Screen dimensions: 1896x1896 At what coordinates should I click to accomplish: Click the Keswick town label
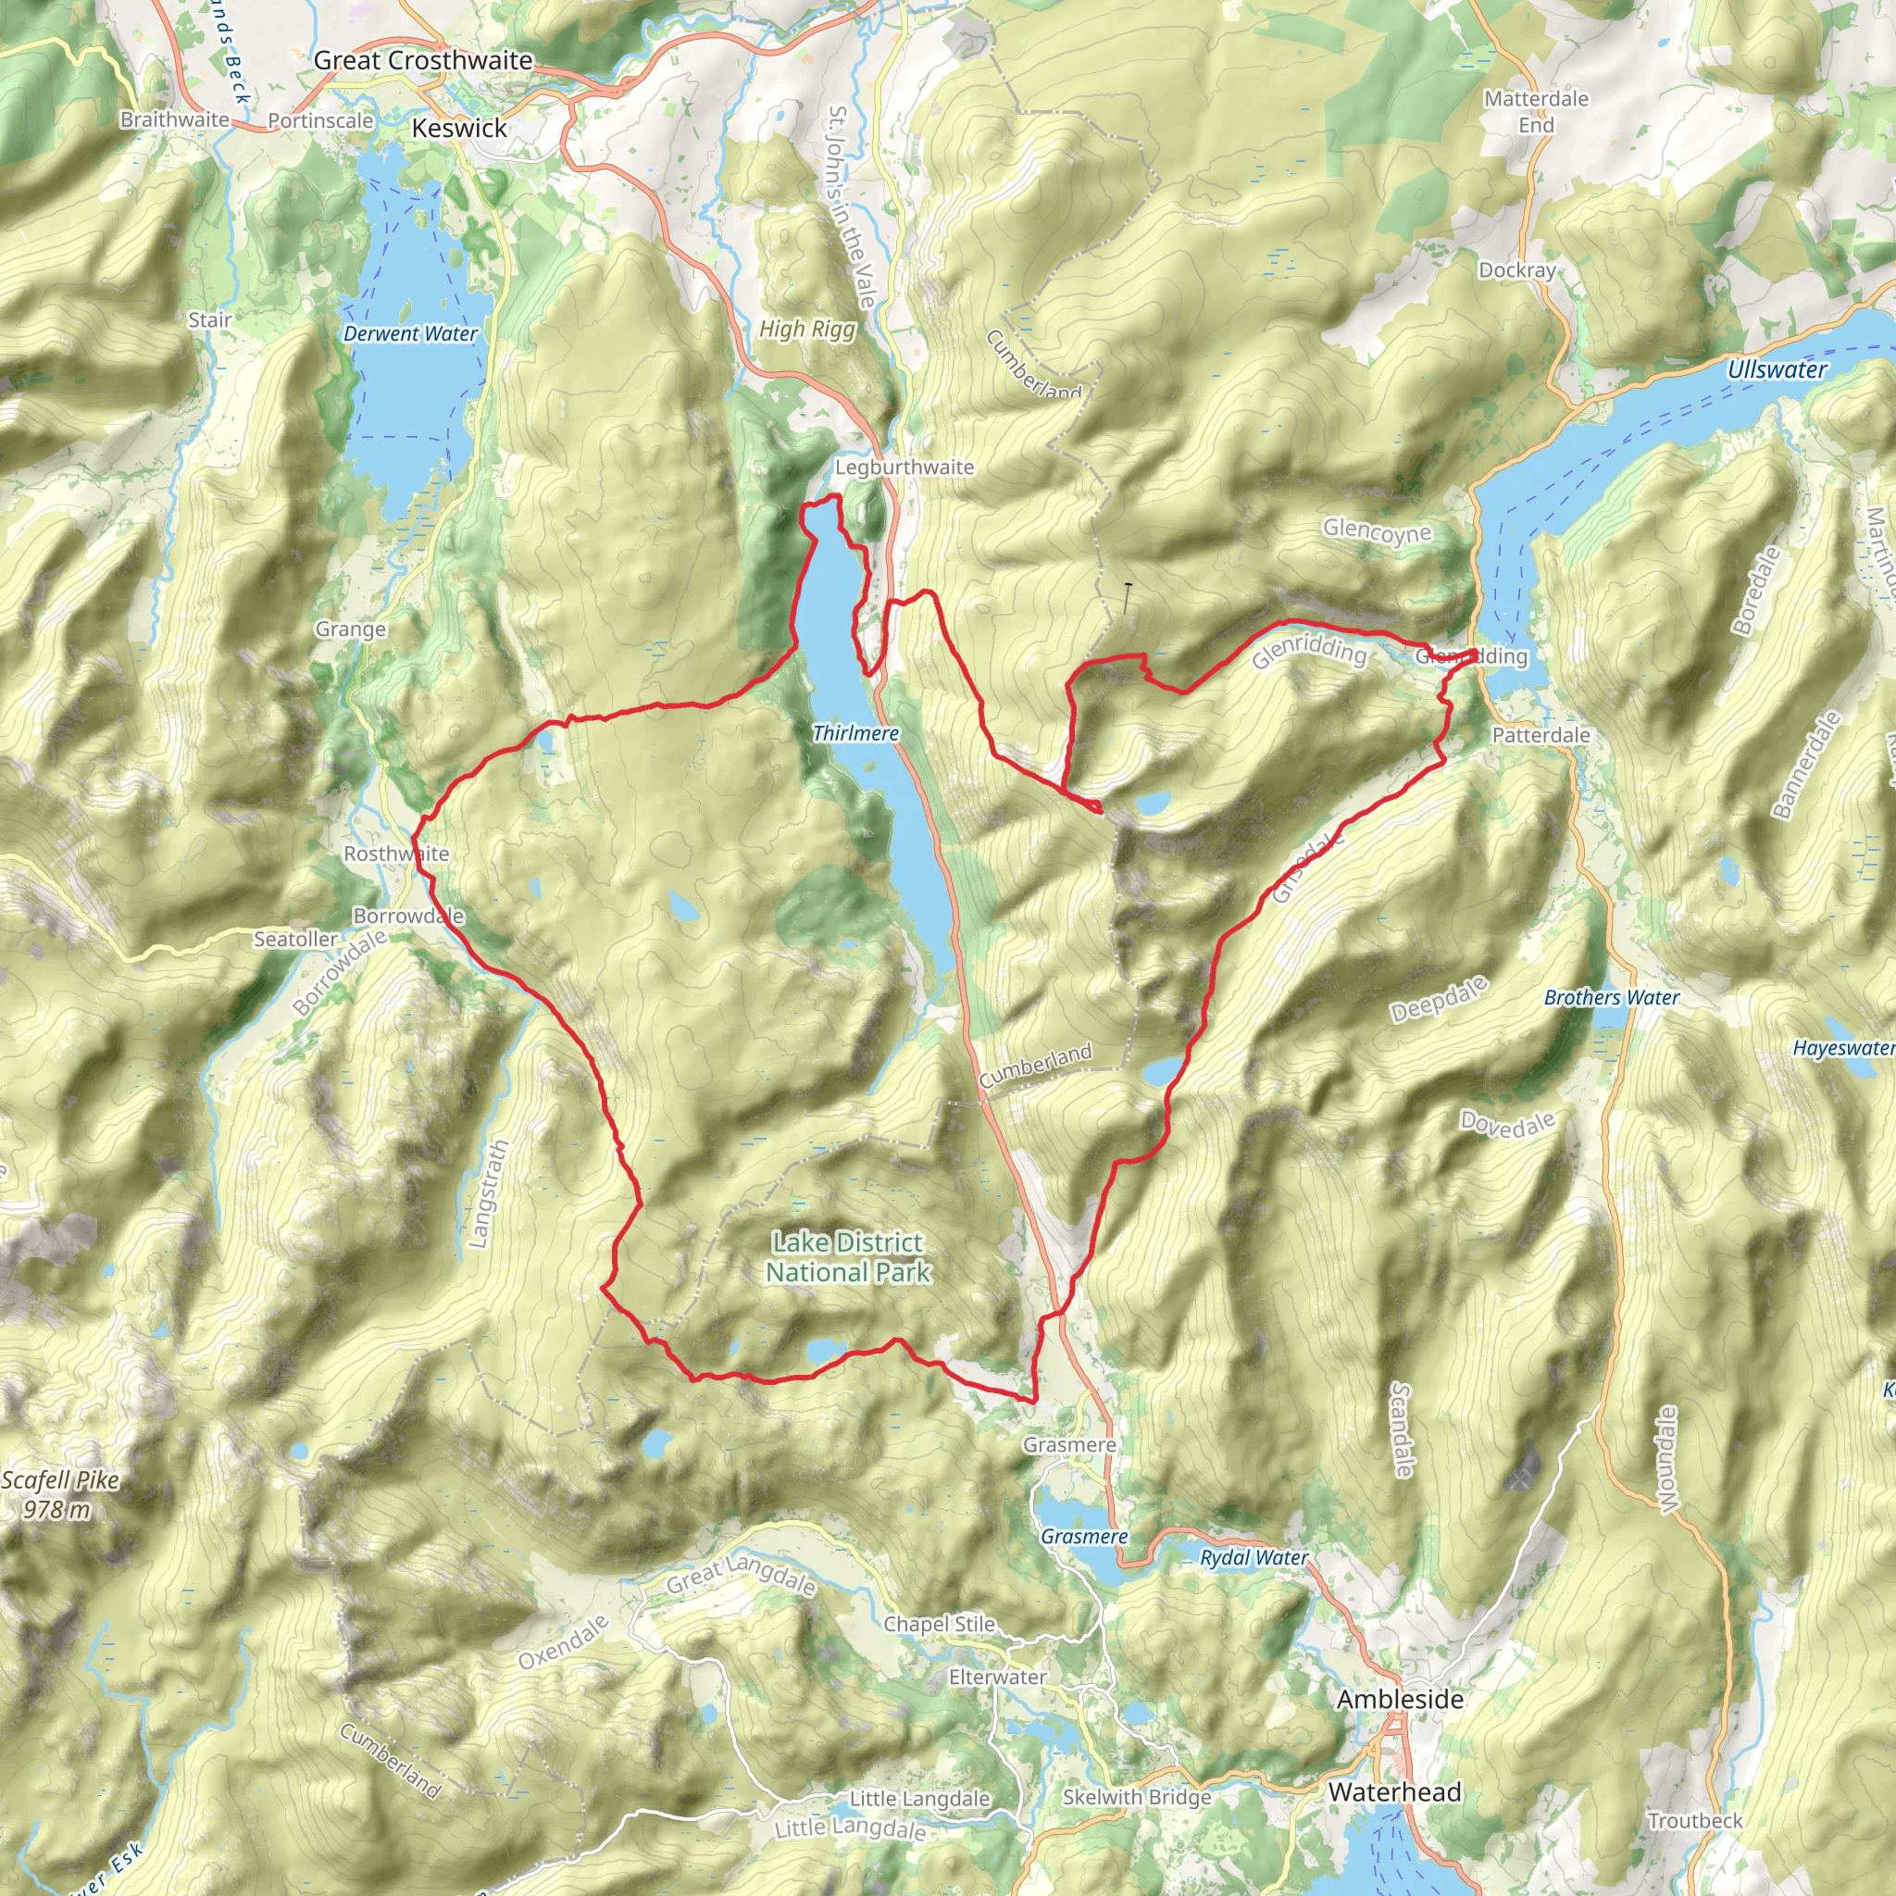click(x=459, y=129)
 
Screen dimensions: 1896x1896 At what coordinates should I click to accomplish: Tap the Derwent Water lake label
click(x=410, y=333)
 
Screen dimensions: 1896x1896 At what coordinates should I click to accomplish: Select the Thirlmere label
click(x=855, y=733)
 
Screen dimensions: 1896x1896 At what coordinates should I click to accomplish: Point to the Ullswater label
click(x=1777, y=370)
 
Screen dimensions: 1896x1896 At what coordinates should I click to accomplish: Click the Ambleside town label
click(x=1400, y=1699)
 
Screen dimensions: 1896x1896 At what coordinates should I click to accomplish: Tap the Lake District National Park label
click(x=848, y=1257)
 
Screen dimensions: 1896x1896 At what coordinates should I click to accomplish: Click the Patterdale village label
click(x=1540, y=735)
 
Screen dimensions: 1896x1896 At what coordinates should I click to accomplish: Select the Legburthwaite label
click(x=904, y=468)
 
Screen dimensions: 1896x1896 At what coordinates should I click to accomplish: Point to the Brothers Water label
click(x=1612, y=998)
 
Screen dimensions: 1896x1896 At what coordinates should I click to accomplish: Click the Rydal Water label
click(x=1254, y=1557)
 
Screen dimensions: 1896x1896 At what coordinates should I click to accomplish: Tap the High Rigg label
click(x=806, y=330)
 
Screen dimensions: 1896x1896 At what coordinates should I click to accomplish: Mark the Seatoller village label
click(x=295, y=939)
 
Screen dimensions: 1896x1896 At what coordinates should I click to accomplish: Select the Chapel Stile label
click(x=939, y=1624)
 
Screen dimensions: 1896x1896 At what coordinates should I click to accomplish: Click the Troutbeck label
click(x=1695, y=1820)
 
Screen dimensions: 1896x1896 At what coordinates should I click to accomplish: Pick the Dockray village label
click(x=1517, y=270)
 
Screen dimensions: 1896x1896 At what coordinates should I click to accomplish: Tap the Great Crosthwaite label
click(x=423, y=60)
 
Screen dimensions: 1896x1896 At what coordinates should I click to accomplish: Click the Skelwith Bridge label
click(x=1137, y=1797)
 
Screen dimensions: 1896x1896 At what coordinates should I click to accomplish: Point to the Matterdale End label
click(x=1536, y=111)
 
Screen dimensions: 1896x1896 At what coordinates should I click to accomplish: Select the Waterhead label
click(x=1394, y=1792)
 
